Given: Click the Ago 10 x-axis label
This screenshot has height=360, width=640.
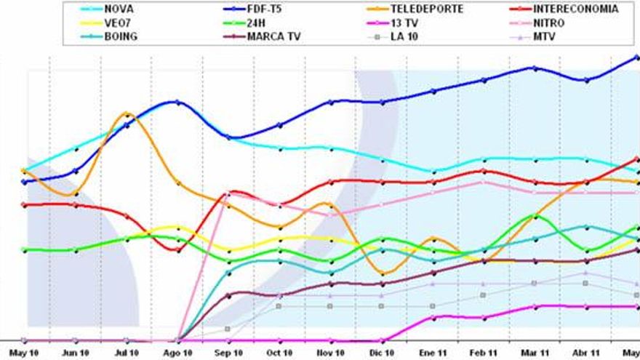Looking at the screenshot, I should (177, 353).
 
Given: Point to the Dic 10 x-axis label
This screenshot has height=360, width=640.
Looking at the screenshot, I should (382, 353).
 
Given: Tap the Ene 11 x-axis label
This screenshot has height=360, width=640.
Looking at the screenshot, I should (433, 353).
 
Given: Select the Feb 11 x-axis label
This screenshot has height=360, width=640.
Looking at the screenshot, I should (484, 353).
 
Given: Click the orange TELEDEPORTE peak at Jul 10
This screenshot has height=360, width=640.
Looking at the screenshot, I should (127, 113).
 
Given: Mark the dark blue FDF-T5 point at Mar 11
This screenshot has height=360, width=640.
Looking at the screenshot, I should (535, 68).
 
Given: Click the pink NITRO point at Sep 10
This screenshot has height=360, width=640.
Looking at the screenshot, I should (229, 193).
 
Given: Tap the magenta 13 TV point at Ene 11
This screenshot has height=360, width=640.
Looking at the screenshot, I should (433, 317).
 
